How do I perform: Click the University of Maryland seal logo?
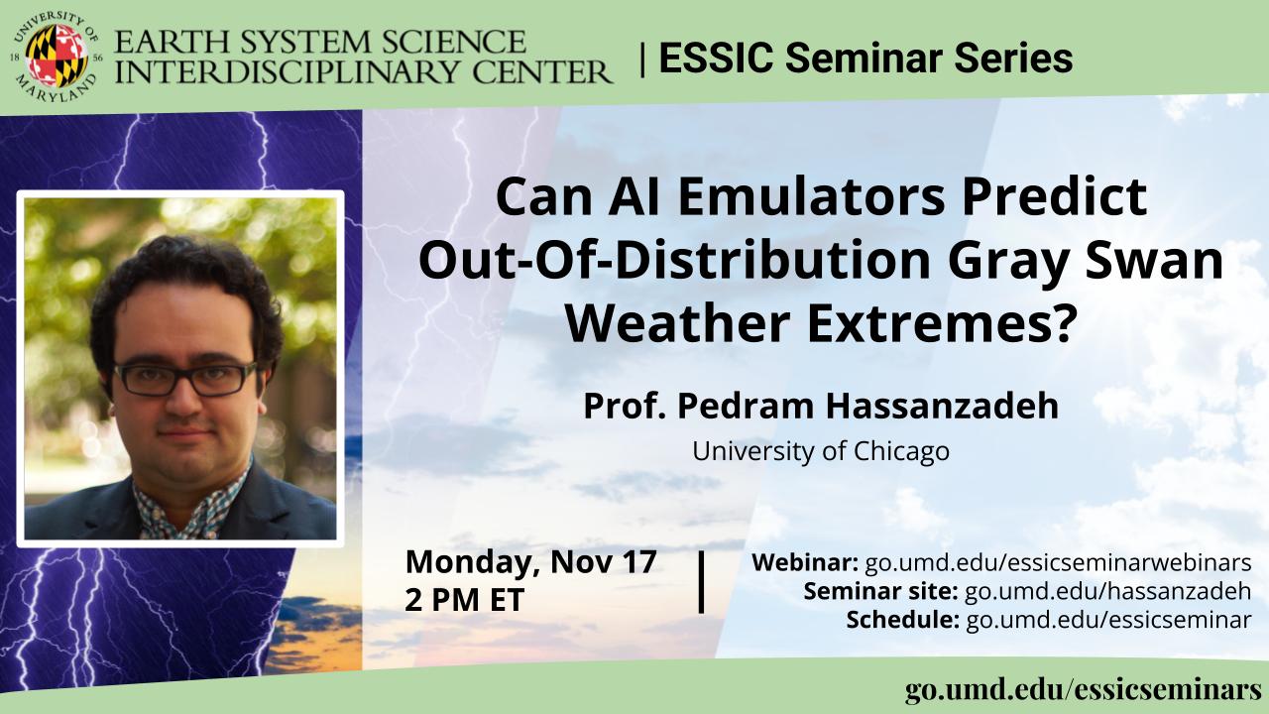(57, 55)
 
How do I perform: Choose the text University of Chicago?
(821, 451)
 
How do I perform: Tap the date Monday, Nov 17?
(530, 561)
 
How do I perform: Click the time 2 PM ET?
(465, 600)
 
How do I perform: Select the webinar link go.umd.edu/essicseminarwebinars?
(1058, 562)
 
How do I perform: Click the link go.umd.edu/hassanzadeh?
(1107, 591)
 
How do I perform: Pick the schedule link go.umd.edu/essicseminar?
(1108, 620)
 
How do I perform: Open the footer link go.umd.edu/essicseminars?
(1084, 689)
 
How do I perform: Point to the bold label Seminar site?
(880, 591)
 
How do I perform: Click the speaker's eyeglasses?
(185, 379)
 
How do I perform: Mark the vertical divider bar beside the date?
(702, 581)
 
